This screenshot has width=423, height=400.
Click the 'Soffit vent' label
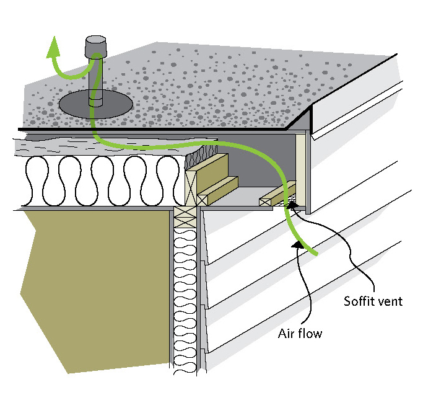pyautogui.click(x=373, y=302)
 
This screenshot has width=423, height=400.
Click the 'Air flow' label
pyautogui.click(x=300, y=333)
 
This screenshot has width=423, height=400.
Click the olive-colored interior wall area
pyautogui.click(x=93, y=279)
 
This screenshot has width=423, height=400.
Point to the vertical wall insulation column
pyautogui.click(x=186, y=298)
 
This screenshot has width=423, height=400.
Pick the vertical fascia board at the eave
pyautogui.click(x=301, y=167)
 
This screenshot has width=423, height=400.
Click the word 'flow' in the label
pyautogui.click(x=312, y=333)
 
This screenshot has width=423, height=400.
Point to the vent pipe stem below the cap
pyautogui.click(x=96, y=81)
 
